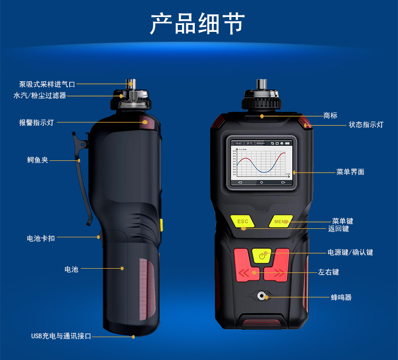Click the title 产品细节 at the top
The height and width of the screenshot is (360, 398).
point(198,24)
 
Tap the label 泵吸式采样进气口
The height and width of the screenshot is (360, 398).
point(47,84)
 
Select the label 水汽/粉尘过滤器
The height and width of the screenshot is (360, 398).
point(40,96)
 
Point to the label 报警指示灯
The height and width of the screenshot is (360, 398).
point(37,123)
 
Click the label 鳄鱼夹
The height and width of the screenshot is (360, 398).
point(38,159)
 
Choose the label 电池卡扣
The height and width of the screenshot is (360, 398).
point(41,238)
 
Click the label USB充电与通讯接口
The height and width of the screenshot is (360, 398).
point(61,336)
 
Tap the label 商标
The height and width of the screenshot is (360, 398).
point(330,115)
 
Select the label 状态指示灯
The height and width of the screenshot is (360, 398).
point(366,125)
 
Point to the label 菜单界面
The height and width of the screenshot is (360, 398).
point(350,172)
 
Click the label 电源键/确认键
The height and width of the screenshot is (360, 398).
point(350,252)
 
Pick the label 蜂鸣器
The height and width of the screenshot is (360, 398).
point(341,297)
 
